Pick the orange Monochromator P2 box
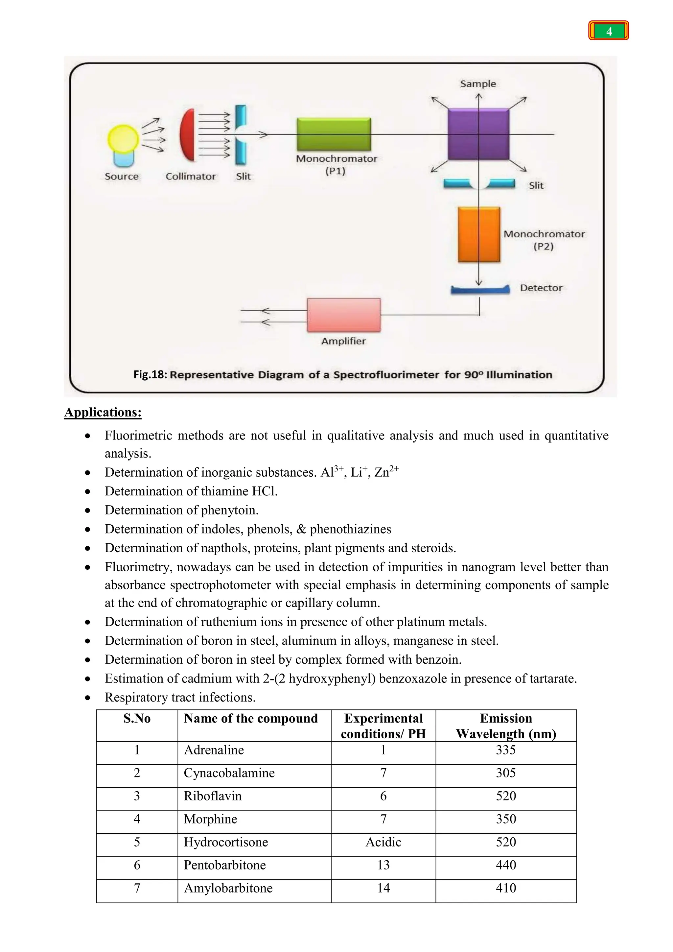coord(479,235)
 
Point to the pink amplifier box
coord(343,315)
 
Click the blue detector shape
coord(480,290)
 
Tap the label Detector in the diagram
coord(541,288)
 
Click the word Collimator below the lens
coord(191,176)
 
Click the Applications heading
coord(103,412)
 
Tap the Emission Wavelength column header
coord(506,726)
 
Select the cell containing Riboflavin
coord(213,796)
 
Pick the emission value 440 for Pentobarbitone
coord(506,865)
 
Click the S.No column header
coord(137,719)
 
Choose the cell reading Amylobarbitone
coord(228,888)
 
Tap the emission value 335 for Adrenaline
coord(506,750)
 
